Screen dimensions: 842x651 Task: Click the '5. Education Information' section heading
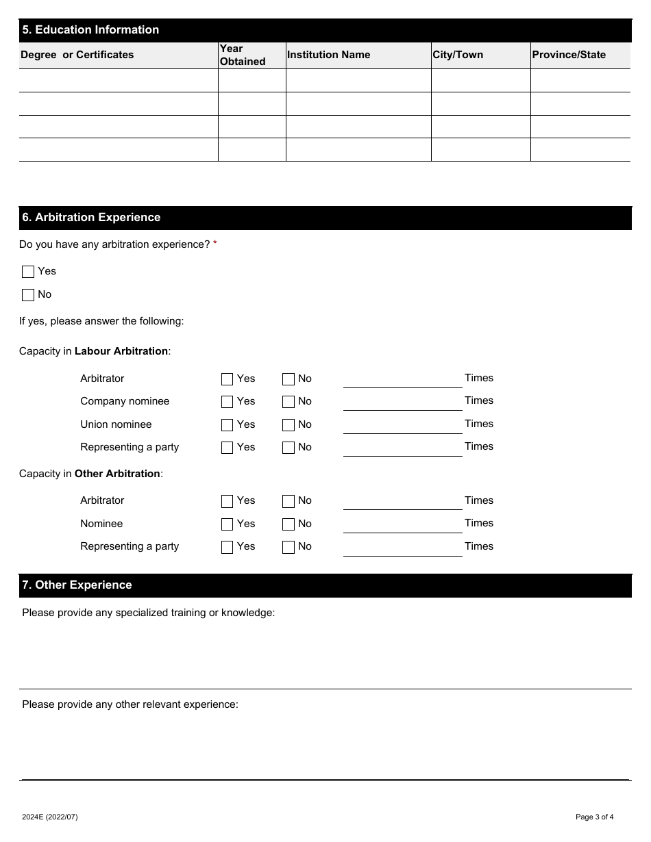click(x=90, y=30)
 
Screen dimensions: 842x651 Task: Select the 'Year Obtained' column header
click(x=243, y=55)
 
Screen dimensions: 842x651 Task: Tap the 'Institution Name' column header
click(x=328, y=55)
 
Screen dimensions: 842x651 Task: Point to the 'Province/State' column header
click(x=569, y=55)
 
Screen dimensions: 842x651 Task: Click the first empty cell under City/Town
click(x=480, y=81)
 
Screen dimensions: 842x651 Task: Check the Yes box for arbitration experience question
click(x=28, y=272)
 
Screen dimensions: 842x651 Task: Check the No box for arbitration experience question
click(x=28, y=295)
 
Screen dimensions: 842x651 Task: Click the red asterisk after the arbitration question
click(x=215, y=244)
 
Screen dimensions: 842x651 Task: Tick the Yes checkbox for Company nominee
click(x=228, y=402)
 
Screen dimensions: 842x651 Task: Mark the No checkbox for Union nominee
click(x=288, y=425)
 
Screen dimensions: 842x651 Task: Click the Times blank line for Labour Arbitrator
click(x=402, y=380)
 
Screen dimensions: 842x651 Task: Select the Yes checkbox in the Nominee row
click(x=228, y=524)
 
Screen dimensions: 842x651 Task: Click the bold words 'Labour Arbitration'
click(x=121, y=351)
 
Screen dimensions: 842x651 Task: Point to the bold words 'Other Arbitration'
click(x=117, y=474)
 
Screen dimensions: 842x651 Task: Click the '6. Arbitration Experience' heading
click(x=91, y=218)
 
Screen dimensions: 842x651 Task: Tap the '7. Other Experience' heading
click(x=77, y=585)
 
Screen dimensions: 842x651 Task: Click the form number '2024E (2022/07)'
click(x=50, y=817)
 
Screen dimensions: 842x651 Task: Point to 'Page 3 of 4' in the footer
click(x=594, y=817)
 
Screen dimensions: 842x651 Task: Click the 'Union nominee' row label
click(x=116, y=424)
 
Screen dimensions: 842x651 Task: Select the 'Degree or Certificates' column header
click(x=77, y=55)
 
